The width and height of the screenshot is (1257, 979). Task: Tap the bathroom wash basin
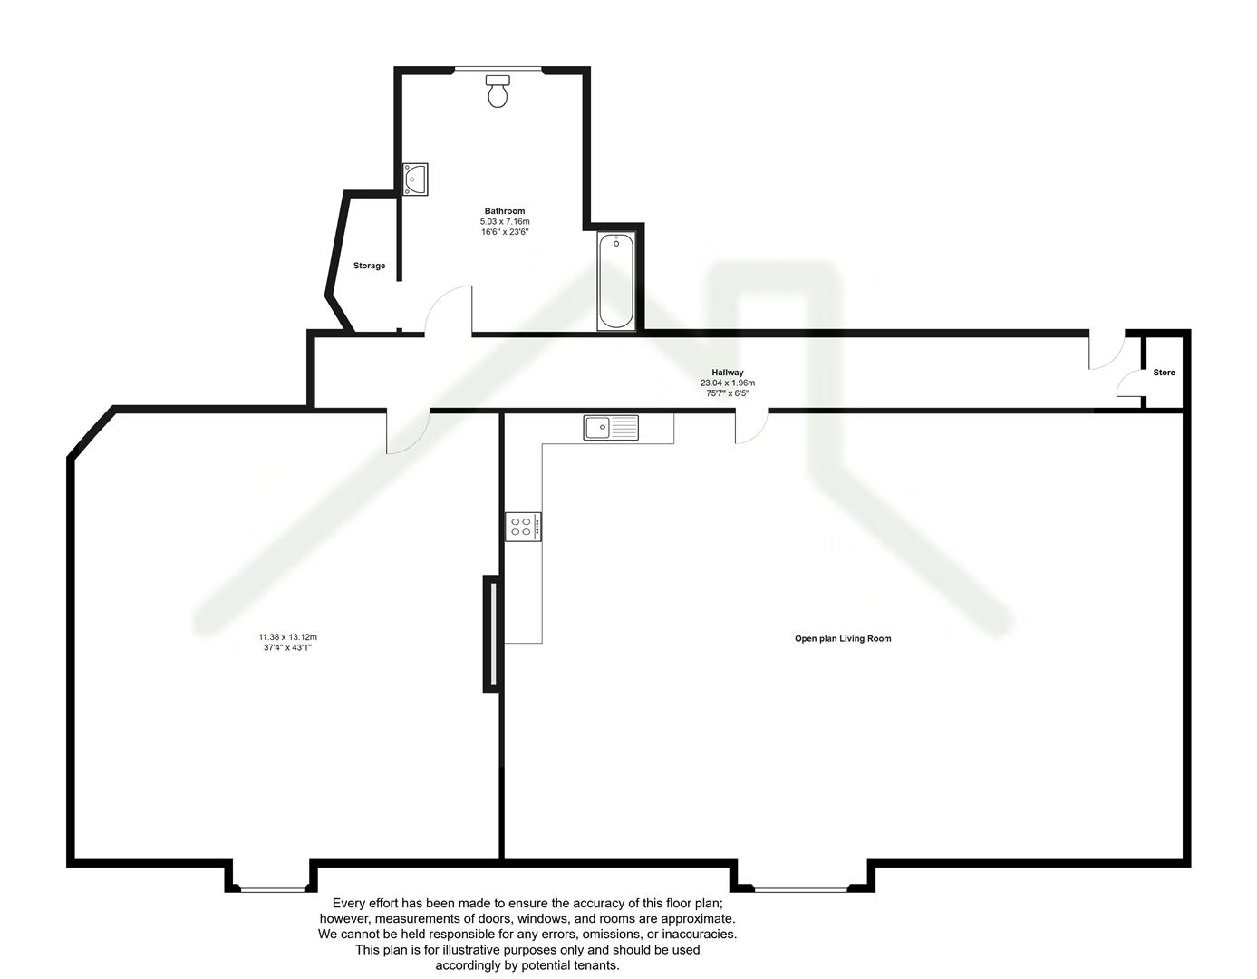tap(416, 179)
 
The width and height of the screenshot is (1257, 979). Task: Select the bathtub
tap(616, 281)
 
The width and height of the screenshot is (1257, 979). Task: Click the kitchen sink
tap(611, 427)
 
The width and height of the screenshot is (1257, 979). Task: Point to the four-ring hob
tap(522, 527)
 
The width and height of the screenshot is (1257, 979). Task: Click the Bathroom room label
tap(505, 211)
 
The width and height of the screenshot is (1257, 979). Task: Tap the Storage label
tap(369, 266)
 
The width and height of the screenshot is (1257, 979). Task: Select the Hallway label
tap(727, 373)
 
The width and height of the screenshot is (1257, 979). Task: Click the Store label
tap(1164, 373)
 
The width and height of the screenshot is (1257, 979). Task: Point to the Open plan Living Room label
tap(843, 639)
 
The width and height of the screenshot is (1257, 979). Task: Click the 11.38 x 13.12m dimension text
tap(287, 636)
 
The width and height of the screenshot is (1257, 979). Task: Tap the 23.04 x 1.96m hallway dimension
tap(727, 383)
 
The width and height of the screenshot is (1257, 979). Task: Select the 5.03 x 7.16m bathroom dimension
tap(505, 222)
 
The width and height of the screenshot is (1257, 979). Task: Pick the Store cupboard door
tap(1128, 384)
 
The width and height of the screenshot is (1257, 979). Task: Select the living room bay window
tap(801, 889)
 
